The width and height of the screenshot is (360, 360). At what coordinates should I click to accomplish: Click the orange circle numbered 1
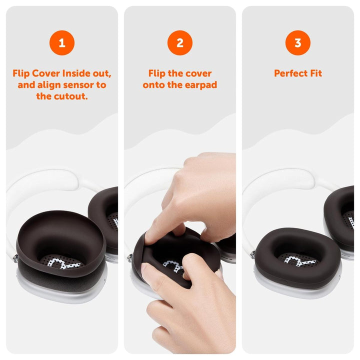61,43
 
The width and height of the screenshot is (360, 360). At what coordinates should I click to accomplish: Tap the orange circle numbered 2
180,43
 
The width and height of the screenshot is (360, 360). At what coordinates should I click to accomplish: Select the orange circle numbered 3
298,43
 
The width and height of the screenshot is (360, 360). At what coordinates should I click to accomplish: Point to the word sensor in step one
75,85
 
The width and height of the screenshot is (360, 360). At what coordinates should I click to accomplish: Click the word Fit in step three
315,73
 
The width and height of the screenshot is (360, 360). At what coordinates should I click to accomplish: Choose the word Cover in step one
47,73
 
